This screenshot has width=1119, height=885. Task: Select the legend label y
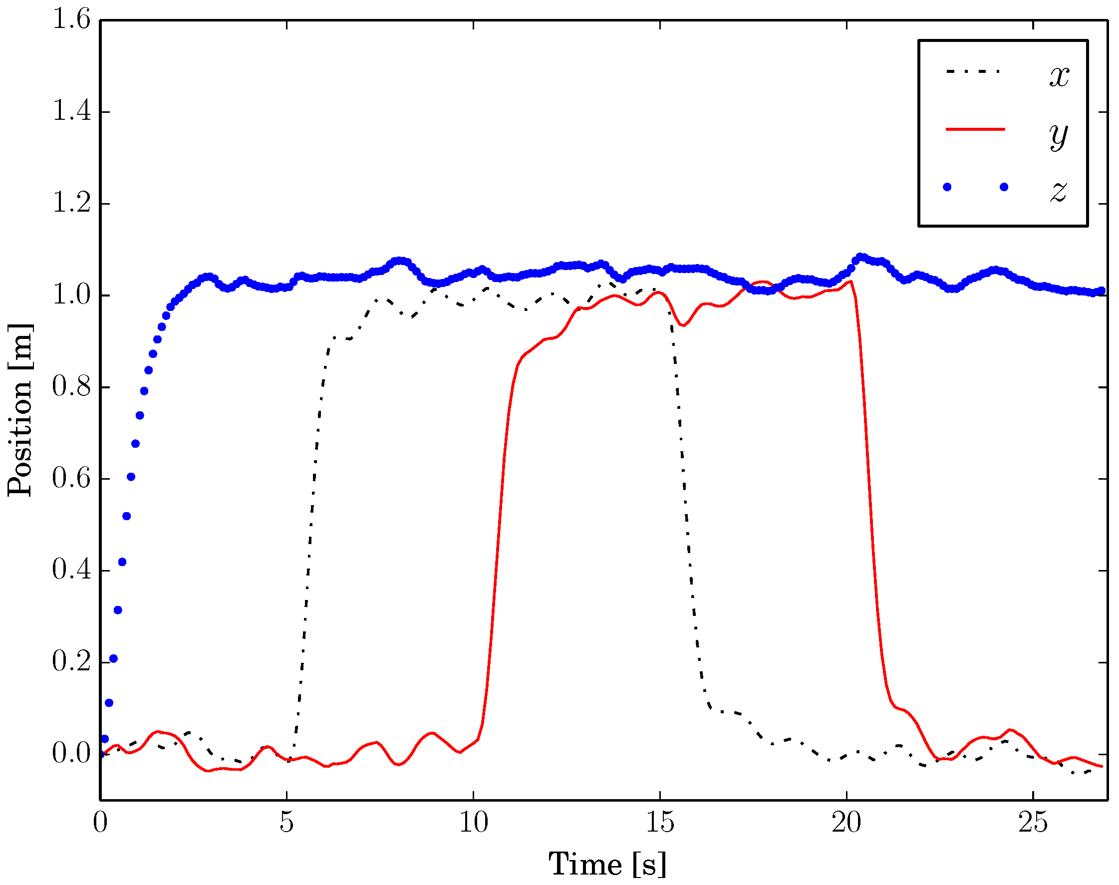(1059, 136)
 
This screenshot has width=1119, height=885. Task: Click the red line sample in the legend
(975, 129)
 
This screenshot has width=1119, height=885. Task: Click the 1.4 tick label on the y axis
(71, 111)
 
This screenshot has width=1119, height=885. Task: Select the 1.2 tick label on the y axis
(71, 203)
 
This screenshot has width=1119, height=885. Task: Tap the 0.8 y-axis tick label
(71, 386)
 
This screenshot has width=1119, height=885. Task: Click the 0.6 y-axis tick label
(71, 478)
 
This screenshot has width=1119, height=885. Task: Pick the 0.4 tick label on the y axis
(71, 570)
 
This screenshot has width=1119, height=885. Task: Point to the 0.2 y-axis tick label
(71, 662)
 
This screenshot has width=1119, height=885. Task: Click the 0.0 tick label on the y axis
(71, 753)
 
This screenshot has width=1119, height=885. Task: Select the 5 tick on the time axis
(286, 822)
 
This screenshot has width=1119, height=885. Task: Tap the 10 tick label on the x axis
(474, 822)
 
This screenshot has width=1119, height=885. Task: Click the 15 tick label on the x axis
(660, 822)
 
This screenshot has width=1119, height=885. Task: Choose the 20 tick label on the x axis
(846, 822)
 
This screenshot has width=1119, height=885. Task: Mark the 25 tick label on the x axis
(1033, 822)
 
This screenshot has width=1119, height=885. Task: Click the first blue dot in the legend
(947, 187)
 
